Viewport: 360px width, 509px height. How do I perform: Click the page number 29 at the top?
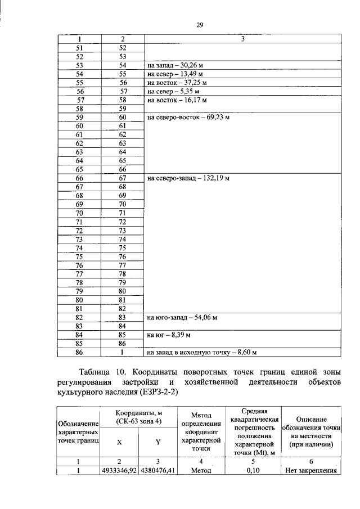[x=199, y=25]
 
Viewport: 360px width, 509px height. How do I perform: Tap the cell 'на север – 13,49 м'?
[x=174, y=74]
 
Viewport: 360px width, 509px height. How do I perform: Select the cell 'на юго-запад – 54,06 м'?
[x=182, y=318]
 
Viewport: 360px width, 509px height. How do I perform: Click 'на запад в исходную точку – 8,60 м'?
[x=201, y=353]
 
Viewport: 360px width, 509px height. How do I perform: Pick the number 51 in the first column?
[x=79, y=48]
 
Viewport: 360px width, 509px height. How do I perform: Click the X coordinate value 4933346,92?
[x=119, y=471]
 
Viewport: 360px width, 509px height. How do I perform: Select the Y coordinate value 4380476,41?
[x=158, y=471]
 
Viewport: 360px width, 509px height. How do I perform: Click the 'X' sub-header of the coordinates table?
[x=119, y=442]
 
